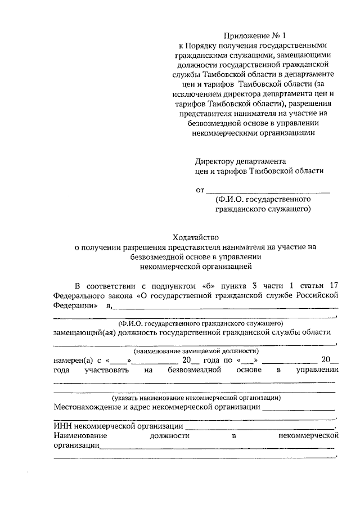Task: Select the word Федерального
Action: pos(77,294)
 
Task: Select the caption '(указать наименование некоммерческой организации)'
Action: pos(196,397)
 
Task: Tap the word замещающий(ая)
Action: pos(84,332)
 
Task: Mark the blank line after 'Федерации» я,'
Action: pos(226,307)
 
